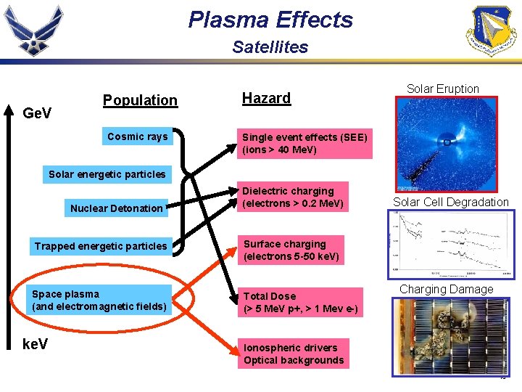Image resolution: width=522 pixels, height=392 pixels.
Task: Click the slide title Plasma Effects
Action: tap(270, 20)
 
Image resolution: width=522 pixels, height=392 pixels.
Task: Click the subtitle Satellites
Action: tap(270, 47)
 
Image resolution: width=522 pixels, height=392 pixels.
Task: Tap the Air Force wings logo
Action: tap(34, 30)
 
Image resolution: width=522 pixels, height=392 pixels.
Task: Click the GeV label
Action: tap(38, 113)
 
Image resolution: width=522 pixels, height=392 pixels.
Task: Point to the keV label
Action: tap(36, 344)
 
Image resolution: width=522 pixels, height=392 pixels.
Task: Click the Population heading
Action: tap(140, 100)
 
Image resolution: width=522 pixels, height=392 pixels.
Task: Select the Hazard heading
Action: tap(266, 98)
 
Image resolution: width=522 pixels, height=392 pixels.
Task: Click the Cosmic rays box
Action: tap(137, 136)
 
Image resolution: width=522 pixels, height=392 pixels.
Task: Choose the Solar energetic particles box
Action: tap(107, 174)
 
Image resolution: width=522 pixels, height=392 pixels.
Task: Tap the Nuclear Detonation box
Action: tap(116, 208)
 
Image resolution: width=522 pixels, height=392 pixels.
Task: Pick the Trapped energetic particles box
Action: tap(100, 246)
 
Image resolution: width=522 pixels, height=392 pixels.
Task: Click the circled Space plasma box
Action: tap(99, 300)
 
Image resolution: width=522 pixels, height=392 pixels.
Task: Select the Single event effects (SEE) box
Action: tap(304, 144)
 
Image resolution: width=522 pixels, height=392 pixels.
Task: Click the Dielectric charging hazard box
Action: tap(292, 197)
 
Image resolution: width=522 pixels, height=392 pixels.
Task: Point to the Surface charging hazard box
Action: tap(291, 250)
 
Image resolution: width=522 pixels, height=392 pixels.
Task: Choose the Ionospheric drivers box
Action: tap(294, 354)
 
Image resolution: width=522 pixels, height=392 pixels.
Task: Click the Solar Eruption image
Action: tap(442, 144)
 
